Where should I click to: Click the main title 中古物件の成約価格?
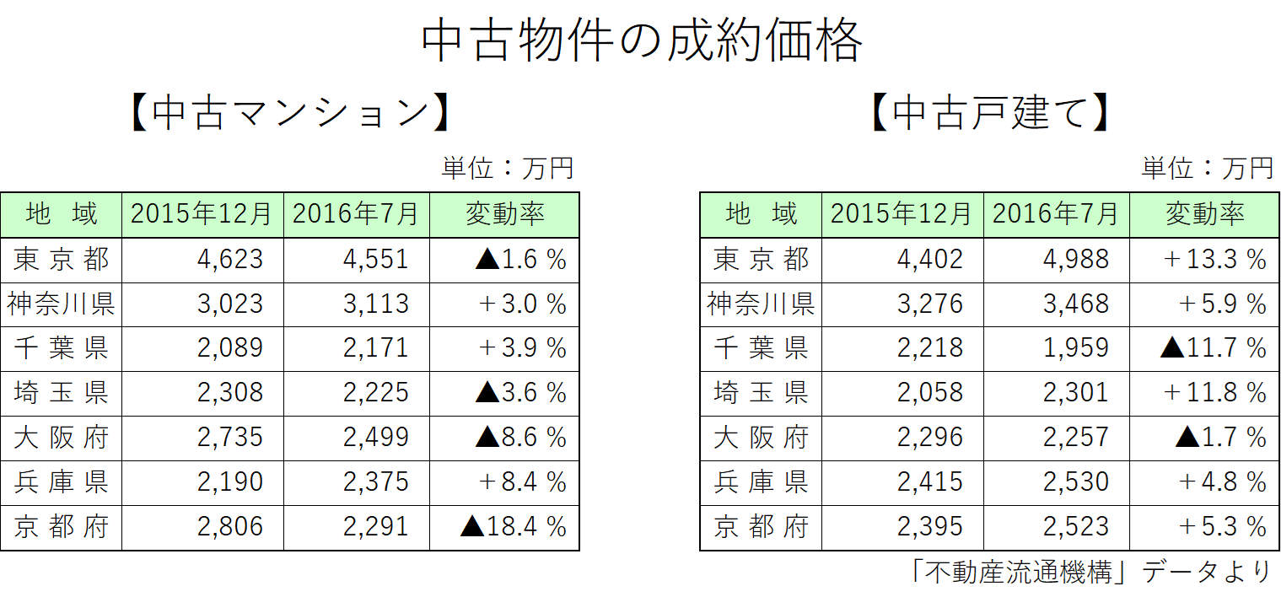point(641,41)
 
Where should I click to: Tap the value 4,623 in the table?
point(229,259)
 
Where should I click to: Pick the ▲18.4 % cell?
point(514,527)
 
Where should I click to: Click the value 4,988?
point(1075,259)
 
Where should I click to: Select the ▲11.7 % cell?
point(1214,348)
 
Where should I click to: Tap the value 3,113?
point(375,304)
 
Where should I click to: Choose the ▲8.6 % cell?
point(520,438)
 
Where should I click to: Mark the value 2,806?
point(229,527)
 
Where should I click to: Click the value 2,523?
point(1075,527)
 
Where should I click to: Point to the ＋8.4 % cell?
point(522,482)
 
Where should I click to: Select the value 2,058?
point(929,393)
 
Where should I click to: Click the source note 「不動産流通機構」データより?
point(1091,573)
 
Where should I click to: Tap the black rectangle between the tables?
point(639,215)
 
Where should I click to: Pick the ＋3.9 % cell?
point(522,348)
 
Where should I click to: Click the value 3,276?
point(929,304)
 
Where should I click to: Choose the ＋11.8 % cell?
point(1214,393)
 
